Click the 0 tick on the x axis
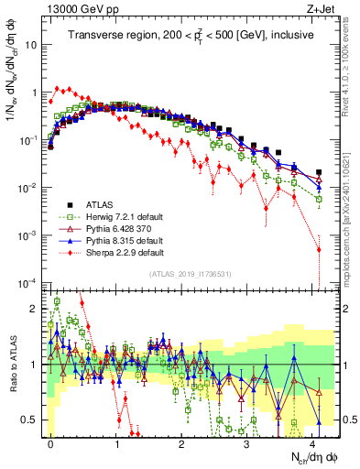click(x=51, y=442)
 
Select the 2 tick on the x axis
click(x=181, y=442)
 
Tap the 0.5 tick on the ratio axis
click(x=32, y=420)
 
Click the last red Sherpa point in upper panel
click(x=319, y=248)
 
